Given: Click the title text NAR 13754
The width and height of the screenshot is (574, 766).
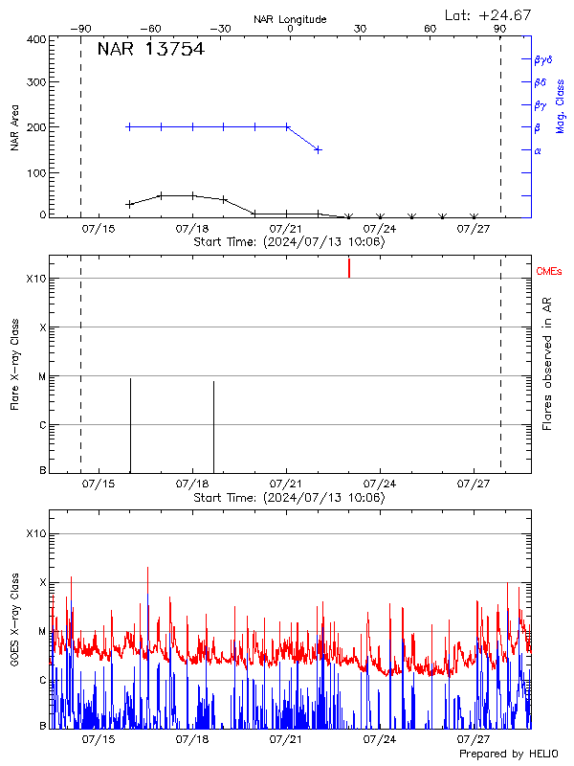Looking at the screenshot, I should tap(150, 50).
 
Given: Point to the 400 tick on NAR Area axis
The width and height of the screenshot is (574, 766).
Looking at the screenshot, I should tap(34, 39).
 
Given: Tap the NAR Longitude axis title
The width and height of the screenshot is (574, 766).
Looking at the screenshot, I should tap(290, 19).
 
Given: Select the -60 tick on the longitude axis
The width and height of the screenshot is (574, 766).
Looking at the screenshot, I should tap(149, 29).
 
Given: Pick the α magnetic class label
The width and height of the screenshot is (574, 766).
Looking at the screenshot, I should tap(537, 150).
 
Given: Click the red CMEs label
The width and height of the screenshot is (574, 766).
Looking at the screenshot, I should tap(550, 273).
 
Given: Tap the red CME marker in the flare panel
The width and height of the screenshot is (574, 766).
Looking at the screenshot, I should tap(349, 268).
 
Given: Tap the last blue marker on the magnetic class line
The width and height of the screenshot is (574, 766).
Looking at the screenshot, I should tap(319, 149).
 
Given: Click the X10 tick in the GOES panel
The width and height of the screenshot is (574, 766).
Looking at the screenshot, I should tap(34, 533).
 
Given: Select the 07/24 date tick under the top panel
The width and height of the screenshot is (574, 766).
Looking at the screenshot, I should tap(381, 228).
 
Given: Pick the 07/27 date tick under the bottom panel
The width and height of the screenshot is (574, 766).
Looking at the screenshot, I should tap(475, 739).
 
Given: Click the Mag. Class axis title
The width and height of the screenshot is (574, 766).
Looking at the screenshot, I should tap(560, 106).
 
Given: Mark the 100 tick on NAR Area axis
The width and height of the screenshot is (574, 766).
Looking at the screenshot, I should tap(34, 172).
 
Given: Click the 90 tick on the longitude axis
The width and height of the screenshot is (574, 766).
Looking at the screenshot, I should tap(500, 29).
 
